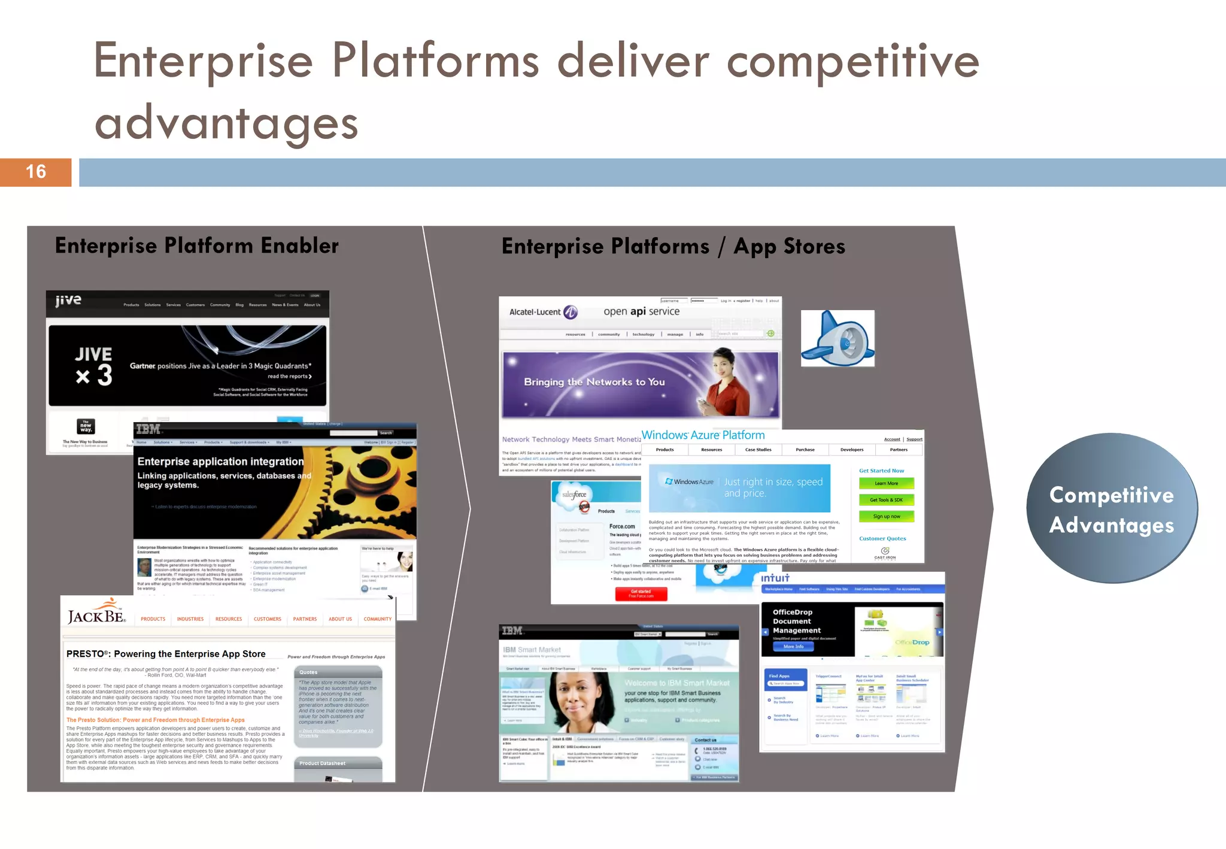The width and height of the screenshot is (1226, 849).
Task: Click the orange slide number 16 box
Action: click(x=35, y=172)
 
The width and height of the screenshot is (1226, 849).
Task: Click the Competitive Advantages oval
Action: click(x=1112, y=509)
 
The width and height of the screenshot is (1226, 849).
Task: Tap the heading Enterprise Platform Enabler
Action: click(x=197, y=245)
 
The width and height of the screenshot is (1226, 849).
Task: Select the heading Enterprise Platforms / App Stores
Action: click(x=673, y=246)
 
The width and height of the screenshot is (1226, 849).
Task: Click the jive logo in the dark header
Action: click(x=68, y=301)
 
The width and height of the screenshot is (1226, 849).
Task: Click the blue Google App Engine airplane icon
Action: click(x=837, y=338)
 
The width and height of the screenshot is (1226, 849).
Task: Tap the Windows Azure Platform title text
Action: click(x=703, y=435)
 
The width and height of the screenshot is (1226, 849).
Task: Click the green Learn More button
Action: click(x=886, y=483)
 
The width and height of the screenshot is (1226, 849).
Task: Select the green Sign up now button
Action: click(x=886, y=516)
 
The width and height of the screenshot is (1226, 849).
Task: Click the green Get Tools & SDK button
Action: click(x=886, y=500)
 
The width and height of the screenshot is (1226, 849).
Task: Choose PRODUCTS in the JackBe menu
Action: click(x=153, y=619)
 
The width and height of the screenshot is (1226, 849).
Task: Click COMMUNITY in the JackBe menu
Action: click(x=377, y=619)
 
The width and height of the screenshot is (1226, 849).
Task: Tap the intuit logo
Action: click(x=775, y=578)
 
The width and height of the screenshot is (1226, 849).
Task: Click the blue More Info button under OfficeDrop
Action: click(x=793, y=647)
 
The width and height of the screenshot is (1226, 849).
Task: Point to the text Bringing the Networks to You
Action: click(x=594, y=382)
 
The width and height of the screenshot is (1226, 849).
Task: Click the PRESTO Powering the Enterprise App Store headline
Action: click(x=166, y=654)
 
